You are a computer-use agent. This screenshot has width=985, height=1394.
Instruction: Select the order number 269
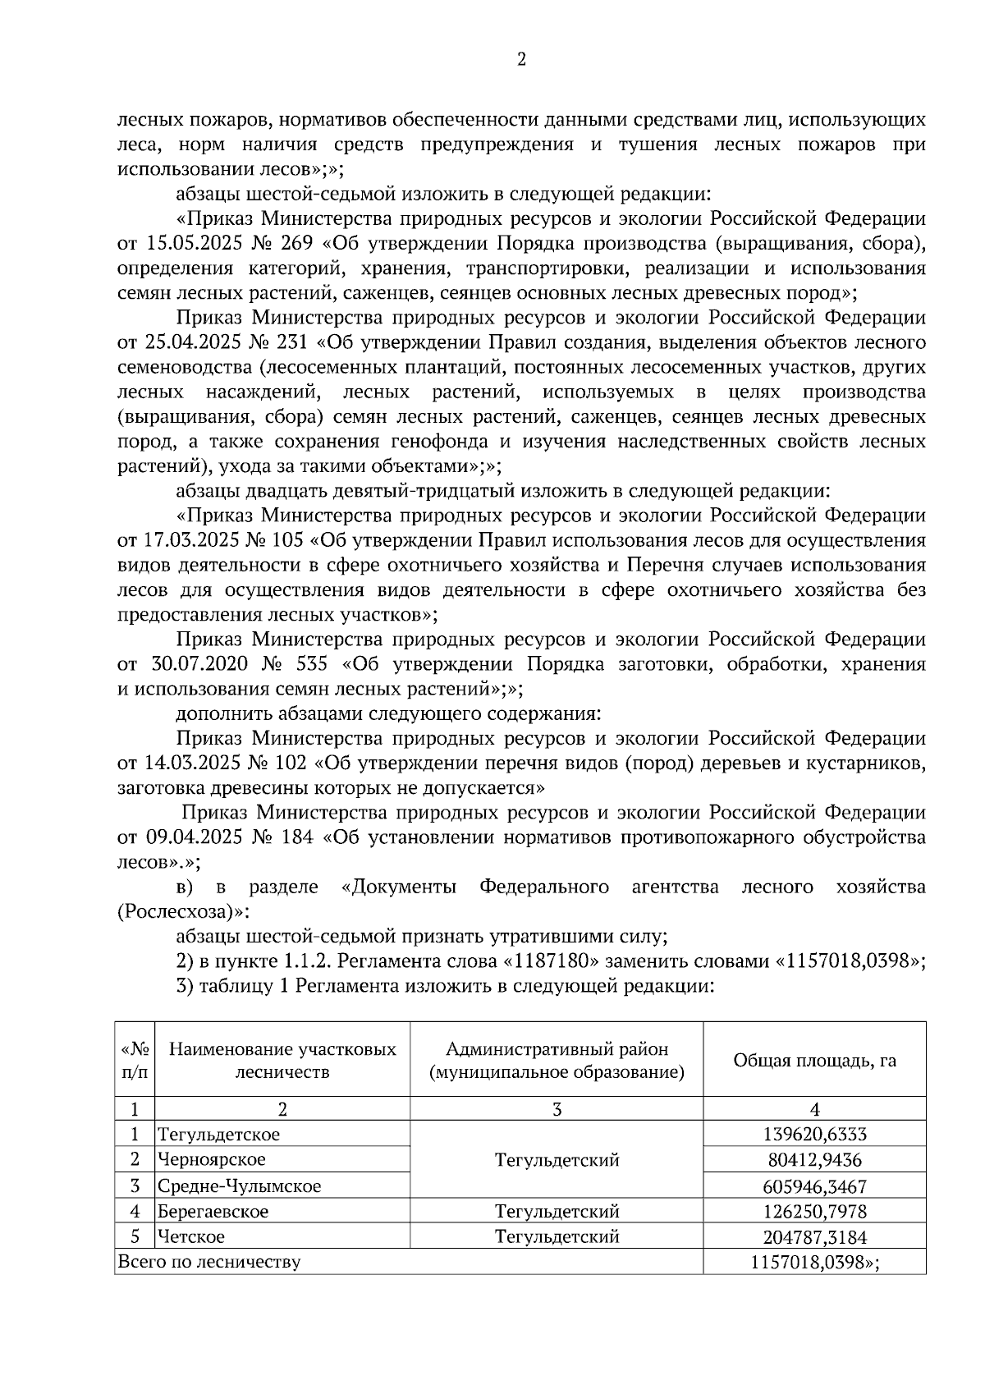point(288,244)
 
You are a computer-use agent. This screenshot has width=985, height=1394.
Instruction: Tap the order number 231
point(288,342)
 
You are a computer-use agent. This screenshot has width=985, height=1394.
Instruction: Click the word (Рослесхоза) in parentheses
point(181,912)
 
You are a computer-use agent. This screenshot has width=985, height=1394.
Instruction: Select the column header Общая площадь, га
point(814,1060)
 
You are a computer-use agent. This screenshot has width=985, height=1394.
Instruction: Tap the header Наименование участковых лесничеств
point(282,1060)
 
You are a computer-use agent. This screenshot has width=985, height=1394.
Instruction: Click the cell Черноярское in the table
point(212,1160)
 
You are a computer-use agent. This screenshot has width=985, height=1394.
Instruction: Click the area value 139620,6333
point(814,1135)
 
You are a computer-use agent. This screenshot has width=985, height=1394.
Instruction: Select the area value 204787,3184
point(814,1237)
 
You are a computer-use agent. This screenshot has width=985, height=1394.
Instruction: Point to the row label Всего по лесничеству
point(209,1262)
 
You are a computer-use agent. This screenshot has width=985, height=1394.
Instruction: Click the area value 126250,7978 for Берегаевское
point(814,1212)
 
